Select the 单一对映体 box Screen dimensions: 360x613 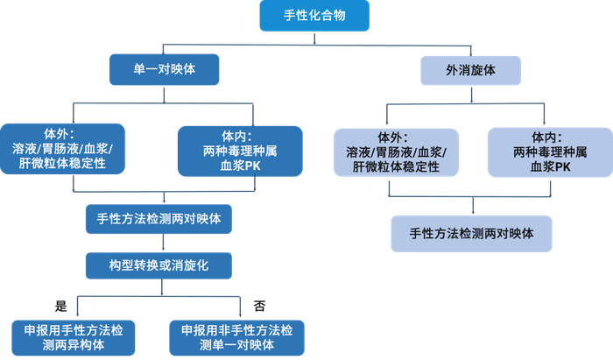(163, 68)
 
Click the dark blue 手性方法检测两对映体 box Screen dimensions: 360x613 (159, 217)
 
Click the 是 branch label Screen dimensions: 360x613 (61, 306)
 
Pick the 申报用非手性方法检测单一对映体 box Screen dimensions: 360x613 (239, 336)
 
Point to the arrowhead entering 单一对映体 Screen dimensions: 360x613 (163, 53)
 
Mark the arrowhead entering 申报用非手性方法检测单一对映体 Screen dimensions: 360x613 (240, 317)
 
